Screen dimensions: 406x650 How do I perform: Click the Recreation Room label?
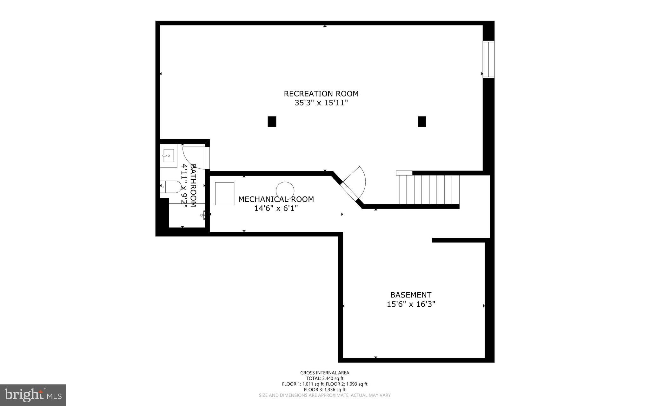(321, 94)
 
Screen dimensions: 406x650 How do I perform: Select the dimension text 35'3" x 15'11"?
(321, 103)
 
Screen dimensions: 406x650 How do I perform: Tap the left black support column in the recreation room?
(272, 122)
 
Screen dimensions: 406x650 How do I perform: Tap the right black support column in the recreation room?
(421, 122)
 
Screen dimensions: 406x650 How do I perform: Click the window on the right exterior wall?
(488, 59)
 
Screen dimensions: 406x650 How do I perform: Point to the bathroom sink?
(168, 156)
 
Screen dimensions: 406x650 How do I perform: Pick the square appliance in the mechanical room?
(224, 194)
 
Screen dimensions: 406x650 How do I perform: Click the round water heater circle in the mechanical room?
(285, 191)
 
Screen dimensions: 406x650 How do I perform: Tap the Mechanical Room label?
(276, 199)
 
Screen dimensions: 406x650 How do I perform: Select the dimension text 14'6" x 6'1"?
(276, 209)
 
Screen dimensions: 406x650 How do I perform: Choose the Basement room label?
(411, 295)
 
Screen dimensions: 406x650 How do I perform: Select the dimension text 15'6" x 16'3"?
(411, 304)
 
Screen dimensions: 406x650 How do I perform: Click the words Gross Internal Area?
(325, 373)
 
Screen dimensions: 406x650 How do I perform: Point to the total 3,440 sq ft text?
(325, 378)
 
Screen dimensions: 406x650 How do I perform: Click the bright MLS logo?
(33, 395)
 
